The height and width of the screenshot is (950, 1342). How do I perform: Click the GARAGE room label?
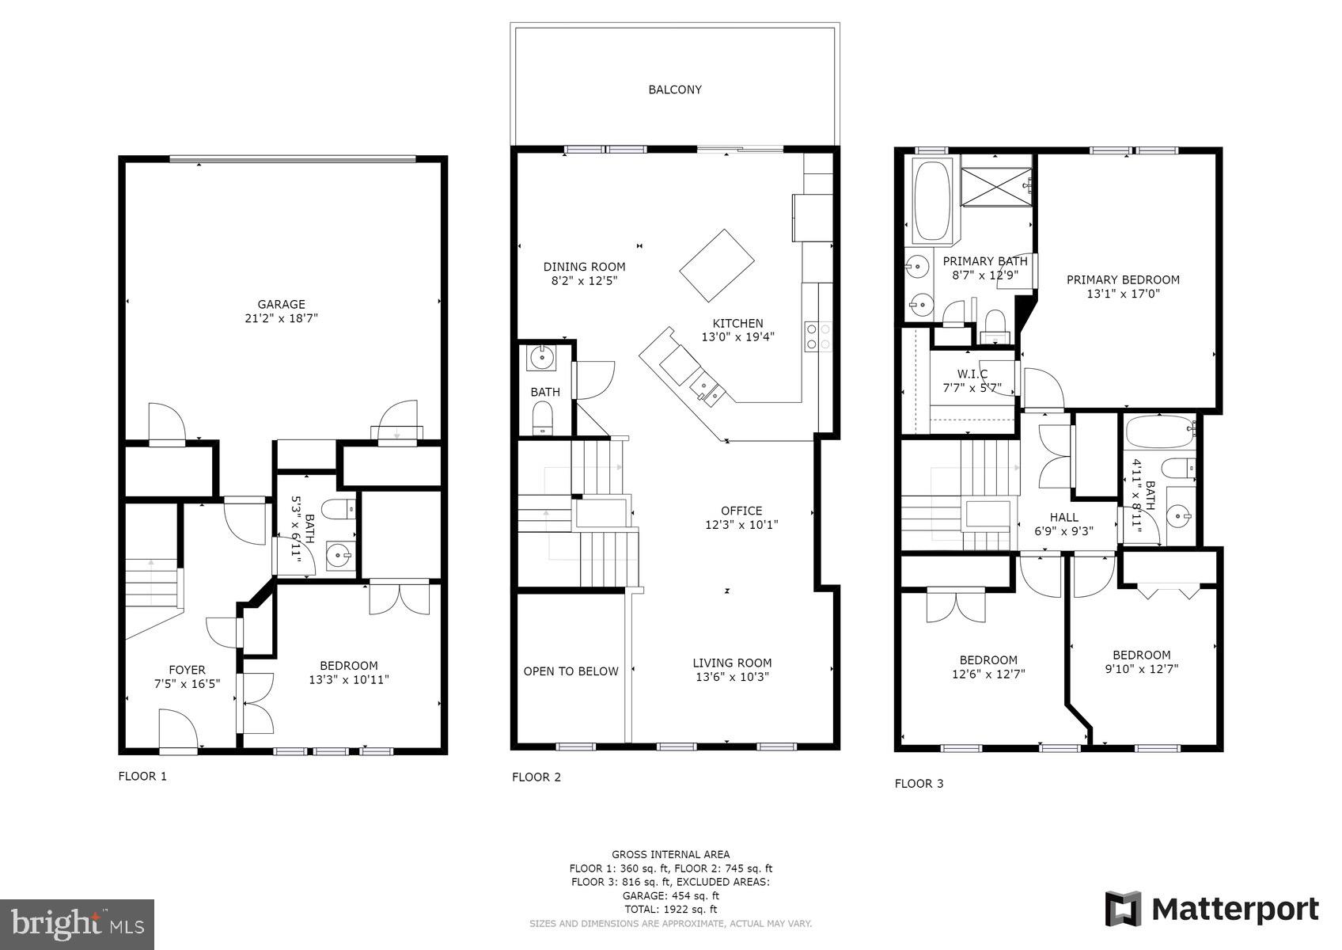(x=281, y=304)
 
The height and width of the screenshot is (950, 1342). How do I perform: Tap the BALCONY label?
(x=675, y=89)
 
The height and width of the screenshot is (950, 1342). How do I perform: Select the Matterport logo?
(x=1211, y=910)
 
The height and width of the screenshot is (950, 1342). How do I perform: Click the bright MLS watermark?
(x=78, y=924)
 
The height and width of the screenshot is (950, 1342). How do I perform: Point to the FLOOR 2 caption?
(x=536, y=777)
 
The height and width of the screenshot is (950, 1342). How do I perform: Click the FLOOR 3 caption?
(x=919, y=784)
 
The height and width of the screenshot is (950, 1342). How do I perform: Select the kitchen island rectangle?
(x=717, y=265)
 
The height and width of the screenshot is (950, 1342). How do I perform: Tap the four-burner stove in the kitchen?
(x=818, y=336)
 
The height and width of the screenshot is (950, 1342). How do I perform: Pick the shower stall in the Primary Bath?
(x=996, y=186)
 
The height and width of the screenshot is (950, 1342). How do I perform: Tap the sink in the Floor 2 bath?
(x=541, y=359)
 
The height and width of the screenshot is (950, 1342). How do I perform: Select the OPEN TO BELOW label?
(x=571, y=671)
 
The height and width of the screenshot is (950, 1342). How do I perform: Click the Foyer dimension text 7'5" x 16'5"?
(x=187, y=683)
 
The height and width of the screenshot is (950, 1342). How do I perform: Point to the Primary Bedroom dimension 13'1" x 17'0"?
(x=1124, y=294)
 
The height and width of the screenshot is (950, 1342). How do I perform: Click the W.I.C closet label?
(x=972, y=374)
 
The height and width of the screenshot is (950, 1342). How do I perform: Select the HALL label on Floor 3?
(x=1064, y=517)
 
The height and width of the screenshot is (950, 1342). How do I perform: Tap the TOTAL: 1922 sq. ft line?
(x=670, y=910)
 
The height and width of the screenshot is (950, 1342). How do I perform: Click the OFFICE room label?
(x=741, y=511)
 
